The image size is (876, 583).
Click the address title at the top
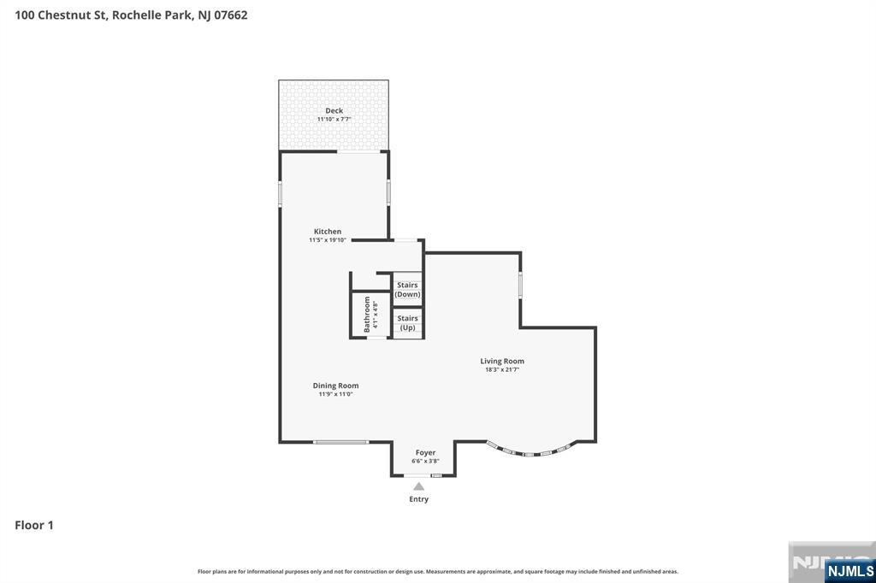pyautogui.click(x=131, y=15)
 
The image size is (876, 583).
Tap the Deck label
pyautogui.click(x=334, y=110)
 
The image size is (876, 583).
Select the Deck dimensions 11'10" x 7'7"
pyautogui.click(x=334, y=119)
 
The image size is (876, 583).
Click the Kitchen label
pyautogui.click(x=327, y=232)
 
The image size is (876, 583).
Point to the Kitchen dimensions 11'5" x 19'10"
pyautogui.click(x=327, y=240)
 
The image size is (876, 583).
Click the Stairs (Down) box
pyautogui.click(x=408, y=290)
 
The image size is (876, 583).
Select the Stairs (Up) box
pyautogui.click(x=408, y=322)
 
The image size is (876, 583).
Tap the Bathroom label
pyautogui.click(x=368, y=314)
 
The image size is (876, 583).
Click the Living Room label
pyautogui.click(x=502, y=361)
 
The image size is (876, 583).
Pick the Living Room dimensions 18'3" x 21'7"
pyautogui.click(x=502, y=369)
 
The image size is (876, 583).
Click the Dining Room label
pyautogui.click(x=335, y=386)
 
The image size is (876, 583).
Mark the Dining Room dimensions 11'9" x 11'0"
pyautogui.click(x=335, y=394)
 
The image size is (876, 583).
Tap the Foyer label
pyautogui.click(x=425, y=452)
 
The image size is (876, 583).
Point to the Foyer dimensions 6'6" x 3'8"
pyautogui.click(x=425, y=461)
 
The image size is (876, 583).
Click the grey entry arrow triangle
pyautogui.click(x=418, y=486)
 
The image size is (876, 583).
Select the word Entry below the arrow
pyautogui.click(x=418, y=499)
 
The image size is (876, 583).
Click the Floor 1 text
pyautogui.click(x=34, y=525)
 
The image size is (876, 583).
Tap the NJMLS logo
pyautogui.click(x=849, y=570)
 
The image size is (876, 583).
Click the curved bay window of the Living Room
pyautogui.click(x=530, y=452)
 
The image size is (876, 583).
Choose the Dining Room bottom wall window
pyautogui.click(x=340, y=442)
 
